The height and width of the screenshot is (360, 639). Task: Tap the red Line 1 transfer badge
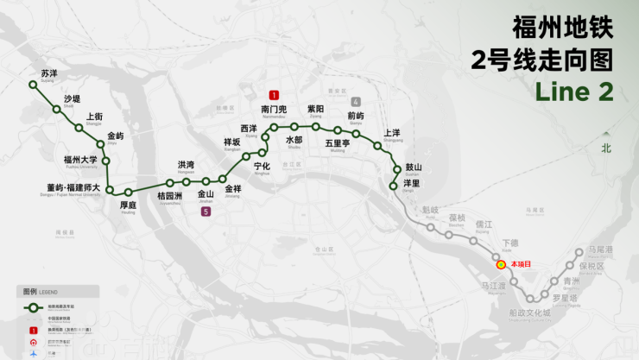click(274, 95)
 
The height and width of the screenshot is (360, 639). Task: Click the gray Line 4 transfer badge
click(356, 102)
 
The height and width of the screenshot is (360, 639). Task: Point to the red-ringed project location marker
click(500, 262)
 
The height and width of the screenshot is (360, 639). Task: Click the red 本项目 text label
click(521, 263)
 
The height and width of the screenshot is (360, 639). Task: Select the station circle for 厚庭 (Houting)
click(128, 192)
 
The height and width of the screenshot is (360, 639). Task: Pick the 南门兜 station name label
click(274, 110)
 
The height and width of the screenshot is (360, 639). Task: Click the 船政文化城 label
click(530, 313)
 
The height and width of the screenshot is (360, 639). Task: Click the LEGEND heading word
click(49, 292)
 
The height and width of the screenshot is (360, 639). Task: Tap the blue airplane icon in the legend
click(34, 354)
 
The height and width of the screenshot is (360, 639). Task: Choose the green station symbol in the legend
click(34, 307)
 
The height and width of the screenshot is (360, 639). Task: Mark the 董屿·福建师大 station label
click(73, 187)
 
